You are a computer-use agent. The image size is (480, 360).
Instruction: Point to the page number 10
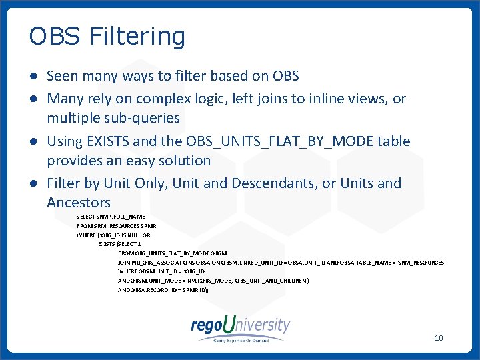coord(438,338)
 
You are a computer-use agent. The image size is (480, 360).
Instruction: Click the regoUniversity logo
coord(240,327)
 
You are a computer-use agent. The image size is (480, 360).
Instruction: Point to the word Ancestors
coord(79,202)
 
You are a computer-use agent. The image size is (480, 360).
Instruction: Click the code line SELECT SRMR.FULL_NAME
coord(111,217)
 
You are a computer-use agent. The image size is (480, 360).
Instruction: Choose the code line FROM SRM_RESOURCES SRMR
coord(116,226)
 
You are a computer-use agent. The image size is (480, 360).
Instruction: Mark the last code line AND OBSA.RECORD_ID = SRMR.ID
coord(163,291)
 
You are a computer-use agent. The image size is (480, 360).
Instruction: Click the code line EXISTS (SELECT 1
coord(116,244)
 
